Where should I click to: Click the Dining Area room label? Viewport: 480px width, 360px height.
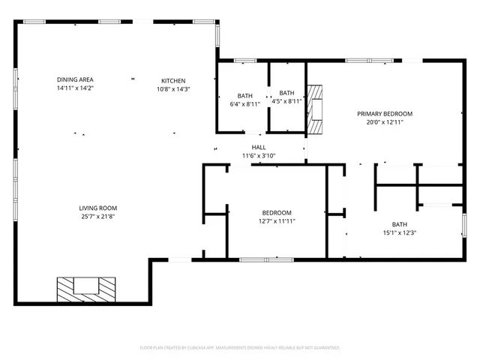[x=75, y=79]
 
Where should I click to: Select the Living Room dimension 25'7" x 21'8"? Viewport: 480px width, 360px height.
[x=98, y=217]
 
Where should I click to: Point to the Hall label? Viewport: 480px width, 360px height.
[x=259, y=147]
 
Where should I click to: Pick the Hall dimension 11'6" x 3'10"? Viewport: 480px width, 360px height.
[x=259, y=156]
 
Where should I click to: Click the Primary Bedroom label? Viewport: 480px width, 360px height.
[x=389, y=113]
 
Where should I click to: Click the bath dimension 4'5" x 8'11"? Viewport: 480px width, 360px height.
[x=286, y=100]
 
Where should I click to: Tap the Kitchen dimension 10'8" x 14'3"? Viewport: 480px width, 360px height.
[x=173, y=89]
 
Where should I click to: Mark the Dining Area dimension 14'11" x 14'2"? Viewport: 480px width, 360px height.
[x=75, y=88]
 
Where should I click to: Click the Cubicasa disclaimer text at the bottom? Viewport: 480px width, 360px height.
[x=240, y=348]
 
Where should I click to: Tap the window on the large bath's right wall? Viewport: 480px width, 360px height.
[x=463, y=224]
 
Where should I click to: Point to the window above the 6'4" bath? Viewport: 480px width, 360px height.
[x=245, y=60]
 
